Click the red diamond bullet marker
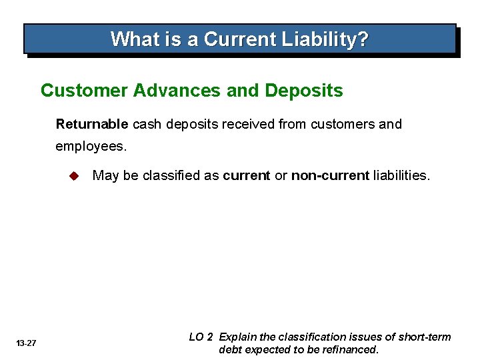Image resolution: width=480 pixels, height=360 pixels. point(74,176)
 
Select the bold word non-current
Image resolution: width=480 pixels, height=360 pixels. point(330,175)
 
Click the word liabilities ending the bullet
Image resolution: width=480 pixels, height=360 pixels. point(401,175)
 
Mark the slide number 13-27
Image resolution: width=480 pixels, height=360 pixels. point(27,343)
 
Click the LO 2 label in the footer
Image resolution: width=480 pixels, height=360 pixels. point(201,337)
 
